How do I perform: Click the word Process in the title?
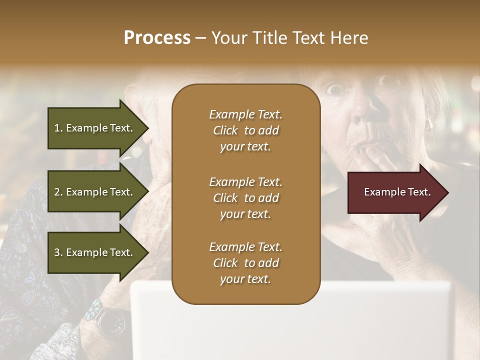157,38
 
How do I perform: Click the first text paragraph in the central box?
245,130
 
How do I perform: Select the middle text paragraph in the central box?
245,197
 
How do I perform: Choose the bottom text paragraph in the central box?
245,263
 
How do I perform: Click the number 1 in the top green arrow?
56,128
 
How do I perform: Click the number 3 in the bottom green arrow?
56,252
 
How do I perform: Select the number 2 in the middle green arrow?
56,192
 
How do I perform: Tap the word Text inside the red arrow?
419,192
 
